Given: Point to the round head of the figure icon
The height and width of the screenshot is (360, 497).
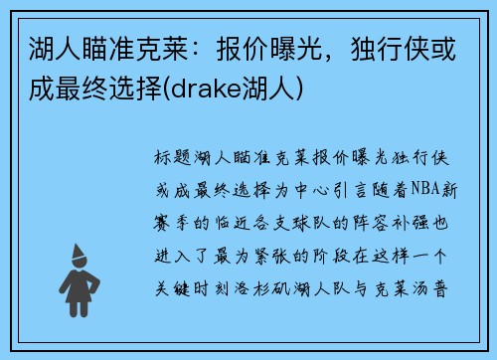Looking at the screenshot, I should (x=79, y=256).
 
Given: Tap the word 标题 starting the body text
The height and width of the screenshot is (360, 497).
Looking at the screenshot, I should (x=172, y=158).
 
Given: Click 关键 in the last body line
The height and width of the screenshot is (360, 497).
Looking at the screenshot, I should (x=172, y=292).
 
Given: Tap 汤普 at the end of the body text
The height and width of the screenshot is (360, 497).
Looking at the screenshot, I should (x=441, y=292).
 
